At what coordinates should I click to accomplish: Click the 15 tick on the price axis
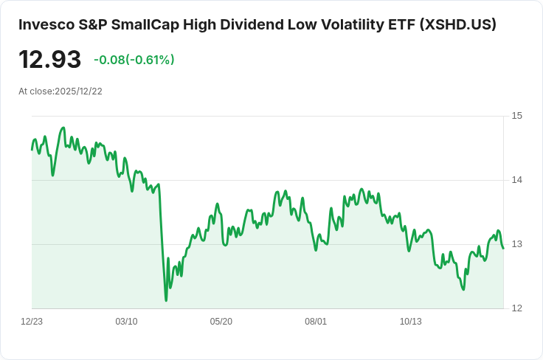pyautogui.click(x=517, y=116)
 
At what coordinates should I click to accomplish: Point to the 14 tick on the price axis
pyautogui.click(x=517, y=180)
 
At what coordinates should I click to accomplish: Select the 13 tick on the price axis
pyautogui.click(x=517, y=244)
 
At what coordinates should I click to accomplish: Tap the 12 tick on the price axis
pyautogui.click(x=517, y=308)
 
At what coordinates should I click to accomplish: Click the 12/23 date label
pyautogui.click(x=32, y=322)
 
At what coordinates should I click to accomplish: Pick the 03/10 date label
pyautogui.click(x=126, y=322)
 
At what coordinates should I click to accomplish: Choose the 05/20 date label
pyautogui.click(x=221, y=322)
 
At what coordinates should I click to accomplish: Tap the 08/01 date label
pyautogui.click(x=316, y=322)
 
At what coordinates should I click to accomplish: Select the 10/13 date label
pyautogui.click(x=410, y=322)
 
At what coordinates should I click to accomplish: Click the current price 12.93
pyautogui.click(x=49, y=60)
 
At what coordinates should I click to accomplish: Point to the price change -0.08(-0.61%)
pyautogui.click(x=134, y=60)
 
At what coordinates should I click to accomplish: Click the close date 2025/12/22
pyautogui.click(x=78, y=91)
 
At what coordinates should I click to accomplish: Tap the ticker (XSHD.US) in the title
pyautogui.click(x=457, y=24)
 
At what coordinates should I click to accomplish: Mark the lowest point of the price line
pyautogui.click(x=166, y=300)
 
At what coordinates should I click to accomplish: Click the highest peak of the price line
pyautogui.click(x=63, y=128)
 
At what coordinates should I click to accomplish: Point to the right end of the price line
pyautogui.click(x=503, y=248)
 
